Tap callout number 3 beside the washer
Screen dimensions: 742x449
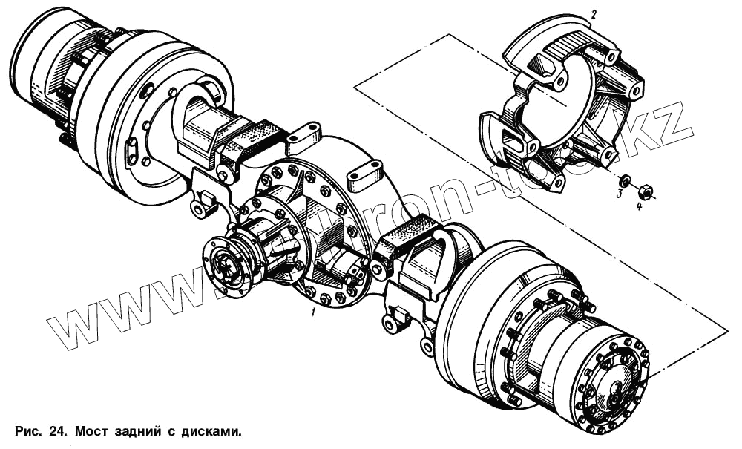(x=618, y=194)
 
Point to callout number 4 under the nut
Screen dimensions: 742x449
(x=639, y=206)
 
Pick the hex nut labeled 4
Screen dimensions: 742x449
(x=646, y=193)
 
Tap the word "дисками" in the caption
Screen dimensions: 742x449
(x=211, y=430)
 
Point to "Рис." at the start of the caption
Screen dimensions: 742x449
(x=27, y=430)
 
